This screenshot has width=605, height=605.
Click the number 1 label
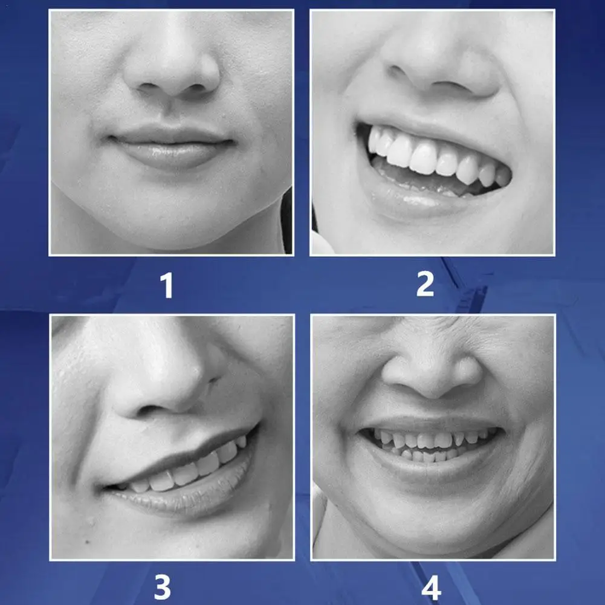(167, 285)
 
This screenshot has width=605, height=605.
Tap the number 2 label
(425, 283)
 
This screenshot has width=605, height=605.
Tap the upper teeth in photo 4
(429, 438)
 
